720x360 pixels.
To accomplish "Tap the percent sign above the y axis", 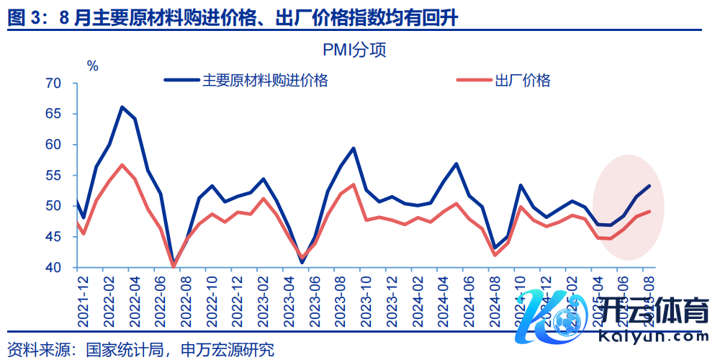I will pos(92,66).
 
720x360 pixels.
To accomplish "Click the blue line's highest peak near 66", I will pos(122,107).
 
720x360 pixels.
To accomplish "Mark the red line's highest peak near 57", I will pos(122,165).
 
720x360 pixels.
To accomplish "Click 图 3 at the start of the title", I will pos(24,19).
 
